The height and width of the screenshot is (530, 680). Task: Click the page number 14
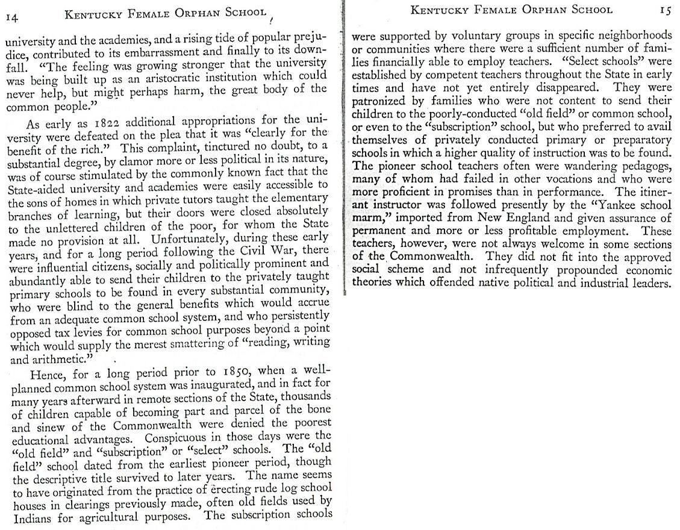coord(12,17)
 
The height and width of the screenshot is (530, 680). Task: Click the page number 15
coord(664,10)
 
